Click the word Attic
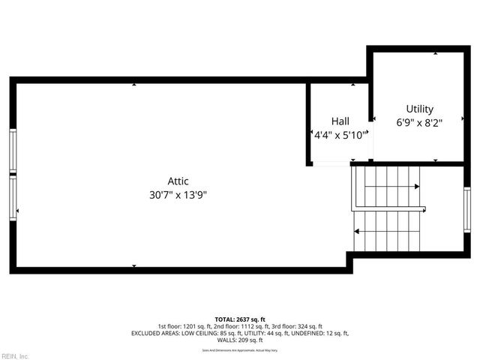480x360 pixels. tap(178, 181)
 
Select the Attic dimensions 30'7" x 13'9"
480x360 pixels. tap(178, 194)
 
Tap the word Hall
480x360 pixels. tap(340, 121)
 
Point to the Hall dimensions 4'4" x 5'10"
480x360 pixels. tap(340, 135)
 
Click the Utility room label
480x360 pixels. tap(419, 109)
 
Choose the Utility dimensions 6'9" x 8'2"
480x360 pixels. tap(419, 123)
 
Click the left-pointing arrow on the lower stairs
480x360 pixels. tap(357, 231)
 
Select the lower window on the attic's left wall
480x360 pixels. tap(13, 198)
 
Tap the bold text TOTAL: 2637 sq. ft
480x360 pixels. tap(240, 319)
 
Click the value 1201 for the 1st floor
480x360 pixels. tap(190, 326)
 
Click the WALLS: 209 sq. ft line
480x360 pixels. tap(240, 340)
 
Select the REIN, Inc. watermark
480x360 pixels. tap(15, 355)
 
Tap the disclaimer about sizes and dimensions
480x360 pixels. tap(240, 350)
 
